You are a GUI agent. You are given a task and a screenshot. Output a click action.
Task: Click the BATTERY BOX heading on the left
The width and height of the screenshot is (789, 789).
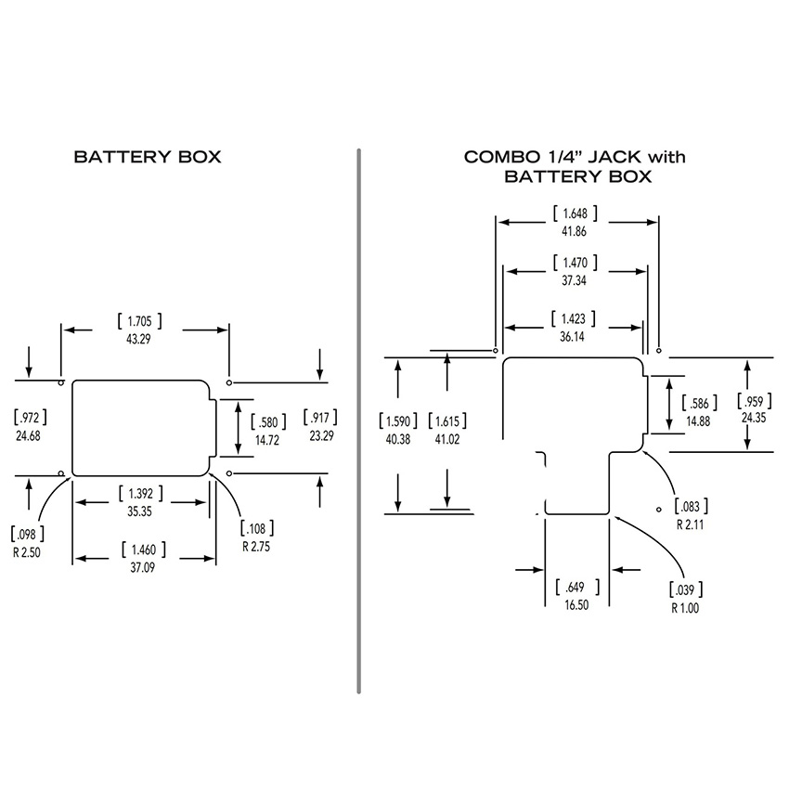click(x=148, y=157)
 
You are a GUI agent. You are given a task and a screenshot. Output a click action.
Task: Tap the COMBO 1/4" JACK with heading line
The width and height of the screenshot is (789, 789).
click(x=575, y=157)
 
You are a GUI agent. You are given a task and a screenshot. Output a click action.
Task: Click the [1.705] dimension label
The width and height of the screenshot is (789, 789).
click(x=140, y=321)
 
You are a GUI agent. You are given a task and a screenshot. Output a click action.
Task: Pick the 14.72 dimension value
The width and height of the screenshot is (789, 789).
click(x=267, y=440)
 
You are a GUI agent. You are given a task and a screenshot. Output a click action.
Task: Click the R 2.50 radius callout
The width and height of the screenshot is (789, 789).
click(x=27, y=551)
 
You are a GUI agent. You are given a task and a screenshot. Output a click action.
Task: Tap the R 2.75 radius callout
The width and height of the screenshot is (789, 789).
click(x=256, y=546)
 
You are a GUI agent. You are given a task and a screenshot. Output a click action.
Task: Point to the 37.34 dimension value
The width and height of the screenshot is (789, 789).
click(x=573, y=279)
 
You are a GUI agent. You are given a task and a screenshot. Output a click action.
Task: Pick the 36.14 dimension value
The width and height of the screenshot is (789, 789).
click(x=573, y=337)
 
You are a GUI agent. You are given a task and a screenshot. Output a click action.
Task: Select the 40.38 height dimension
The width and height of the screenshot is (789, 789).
click(x=398, y=439)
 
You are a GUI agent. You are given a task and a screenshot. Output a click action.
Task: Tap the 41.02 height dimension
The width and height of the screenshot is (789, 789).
click(x=448, y=439)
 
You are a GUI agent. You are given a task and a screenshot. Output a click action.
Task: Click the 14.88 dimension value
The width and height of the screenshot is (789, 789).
click(x=699, y=420)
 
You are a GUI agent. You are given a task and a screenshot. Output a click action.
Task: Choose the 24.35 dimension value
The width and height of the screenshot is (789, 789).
click(x=753, y=418)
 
